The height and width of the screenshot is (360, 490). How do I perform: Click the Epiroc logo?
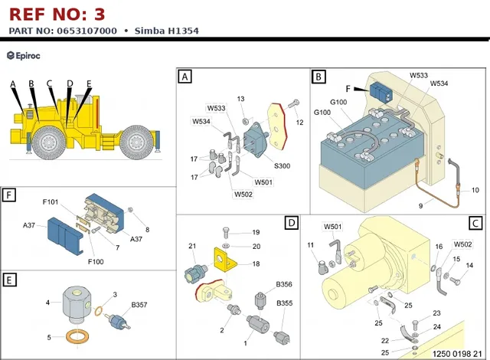point(24,56)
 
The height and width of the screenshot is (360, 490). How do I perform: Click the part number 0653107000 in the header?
point(87,31)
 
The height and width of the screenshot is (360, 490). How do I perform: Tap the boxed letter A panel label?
point(185,77)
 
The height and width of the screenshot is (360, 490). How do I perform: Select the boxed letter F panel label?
point(8,195)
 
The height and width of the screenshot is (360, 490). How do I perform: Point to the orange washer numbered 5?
point(77,338)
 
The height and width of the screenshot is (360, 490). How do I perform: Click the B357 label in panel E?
point(139,305)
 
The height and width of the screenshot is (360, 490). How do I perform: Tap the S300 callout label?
point(283,166)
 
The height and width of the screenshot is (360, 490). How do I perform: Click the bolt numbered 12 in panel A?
point(293,103)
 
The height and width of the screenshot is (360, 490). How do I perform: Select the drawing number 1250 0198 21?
point(457,354)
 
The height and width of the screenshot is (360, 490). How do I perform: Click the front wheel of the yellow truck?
point(49,143)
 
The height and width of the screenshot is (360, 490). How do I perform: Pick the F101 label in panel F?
point(51,202)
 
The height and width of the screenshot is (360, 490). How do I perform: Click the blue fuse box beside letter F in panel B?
point(381,93)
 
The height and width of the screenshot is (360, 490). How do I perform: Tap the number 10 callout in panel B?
point(475,190)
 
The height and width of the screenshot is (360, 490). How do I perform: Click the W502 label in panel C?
point(462,244)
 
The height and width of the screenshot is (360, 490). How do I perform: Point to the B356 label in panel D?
point(284,284)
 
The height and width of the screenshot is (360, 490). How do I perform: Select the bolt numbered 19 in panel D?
point(227,233)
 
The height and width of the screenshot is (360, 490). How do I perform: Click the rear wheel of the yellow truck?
point(136,142)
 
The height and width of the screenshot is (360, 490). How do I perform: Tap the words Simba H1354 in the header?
point(167,31)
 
